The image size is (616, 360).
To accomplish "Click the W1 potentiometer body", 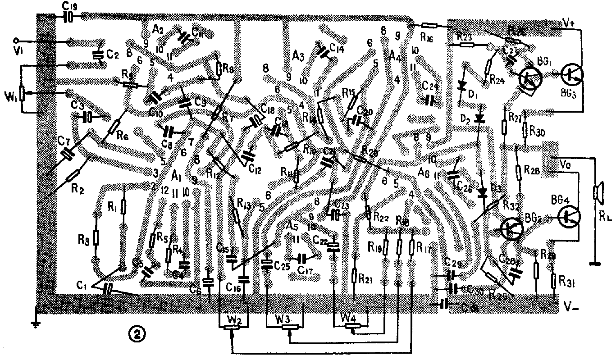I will click(21, 92).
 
